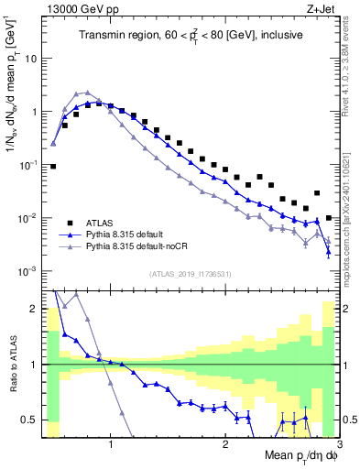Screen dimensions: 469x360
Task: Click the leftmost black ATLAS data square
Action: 53,167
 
